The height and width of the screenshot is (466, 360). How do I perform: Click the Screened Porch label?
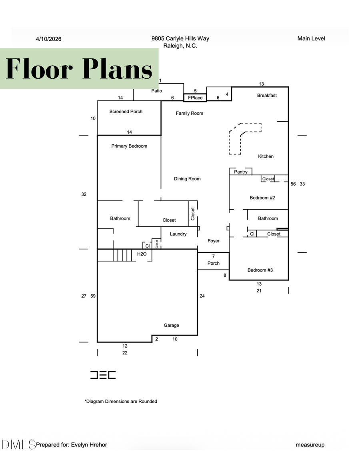coord(126,112)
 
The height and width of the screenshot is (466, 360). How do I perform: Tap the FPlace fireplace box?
coord(195,98)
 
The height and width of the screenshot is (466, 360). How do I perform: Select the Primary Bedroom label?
coord(129,146)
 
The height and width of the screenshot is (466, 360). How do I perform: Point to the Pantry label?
coord(241,172)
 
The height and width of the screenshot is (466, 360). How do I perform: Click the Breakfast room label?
coord(267,96)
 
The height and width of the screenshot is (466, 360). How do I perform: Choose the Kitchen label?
coord(266,156)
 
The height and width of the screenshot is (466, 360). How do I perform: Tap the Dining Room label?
coord(187,179)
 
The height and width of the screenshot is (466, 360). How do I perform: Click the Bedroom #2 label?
coord(262,198)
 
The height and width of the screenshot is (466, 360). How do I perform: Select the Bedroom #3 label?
coord(260,270)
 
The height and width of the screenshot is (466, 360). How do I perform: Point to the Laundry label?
coord(178,234)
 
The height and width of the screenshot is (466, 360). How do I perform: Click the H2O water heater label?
coord(142,254)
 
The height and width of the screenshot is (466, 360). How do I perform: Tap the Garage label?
coord(171,326)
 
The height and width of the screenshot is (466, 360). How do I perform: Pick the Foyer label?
coord(213,241)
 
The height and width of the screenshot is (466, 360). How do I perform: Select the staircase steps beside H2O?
coord(122,255)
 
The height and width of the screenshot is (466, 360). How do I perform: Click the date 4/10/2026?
coord(48,39)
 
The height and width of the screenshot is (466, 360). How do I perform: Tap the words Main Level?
coord(311,38)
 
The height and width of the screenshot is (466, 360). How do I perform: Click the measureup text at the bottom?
coord(310,445)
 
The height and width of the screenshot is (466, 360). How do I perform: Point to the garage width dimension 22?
coord(125,353)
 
